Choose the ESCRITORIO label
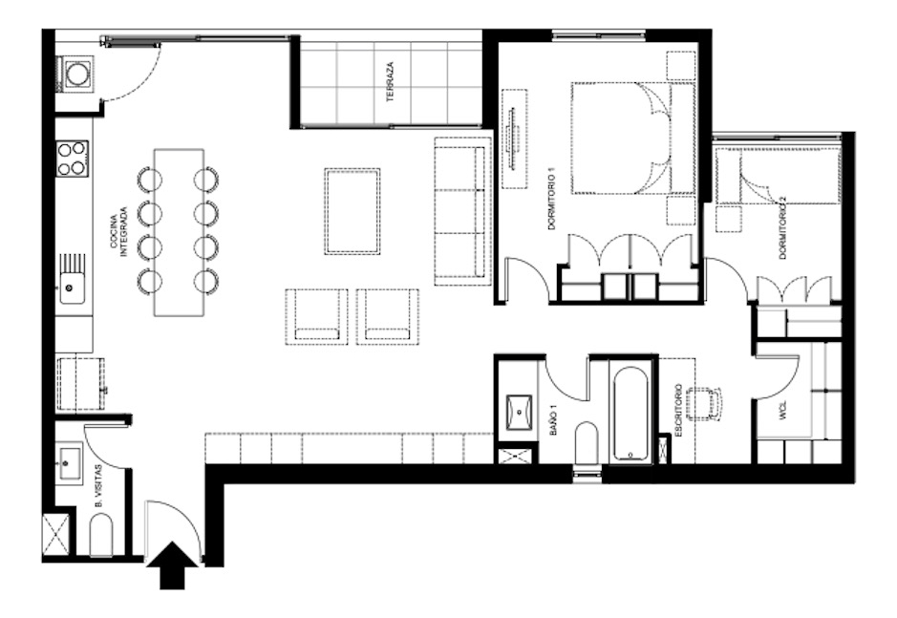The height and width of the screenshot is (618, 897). pos(678,411)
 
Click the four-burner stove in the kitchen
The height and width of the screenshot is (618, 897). pos(72,159)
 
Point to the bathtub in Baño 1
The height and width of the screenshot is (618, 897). pos(631,412)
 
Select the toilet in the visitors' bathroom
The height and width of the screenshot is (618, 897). pos(101,536)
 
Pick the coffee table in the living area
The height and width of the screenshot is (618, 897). pos(352,211)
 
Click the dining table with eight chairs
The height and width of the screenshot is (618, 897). pos(179,232)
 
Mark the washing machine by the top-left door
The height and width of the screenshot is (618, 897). pos(75,73)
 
